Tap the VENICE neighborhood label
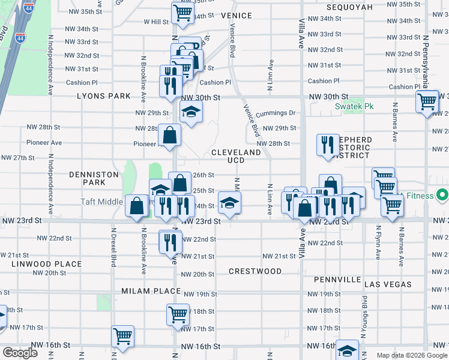236,15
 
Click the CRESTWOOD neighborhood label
255,271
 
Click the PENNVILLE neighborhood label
336,280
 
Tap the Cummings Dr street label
276,113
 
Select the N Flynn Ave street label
378,242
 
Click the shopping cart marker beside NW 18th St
178,314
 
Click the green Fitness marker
442,196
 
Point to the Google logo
20,353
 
